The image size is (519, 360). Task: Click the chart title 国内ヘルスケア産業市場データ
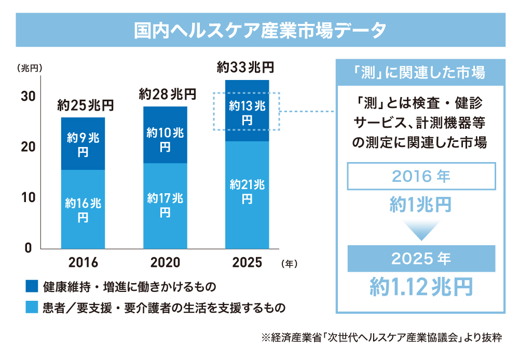(259, 30)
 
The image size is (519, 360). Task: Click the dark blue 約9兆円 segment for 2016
(83, 144)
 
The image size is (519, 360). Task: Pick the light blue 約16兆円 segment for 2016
(83, 209)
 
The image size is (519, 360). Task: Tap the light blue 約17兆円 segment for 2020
(165, 205)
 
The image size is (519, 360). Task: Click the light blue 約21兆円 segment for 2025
(247, 192)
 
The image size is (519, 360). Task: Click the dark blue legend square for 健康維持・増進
(32, 287)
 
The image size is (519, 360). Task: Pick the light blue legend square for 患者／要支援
(32, 308)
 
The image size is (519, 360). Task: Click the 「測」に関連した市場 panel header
(420, 72)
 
